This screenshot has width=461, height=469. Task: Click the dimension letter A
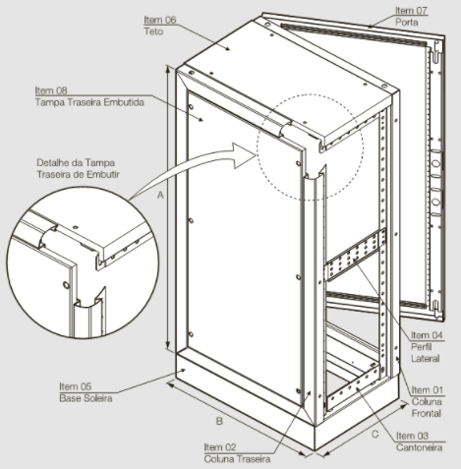click(160, 196)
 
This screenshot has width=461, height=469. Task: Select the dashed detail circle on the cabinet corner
click(310, 147)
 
